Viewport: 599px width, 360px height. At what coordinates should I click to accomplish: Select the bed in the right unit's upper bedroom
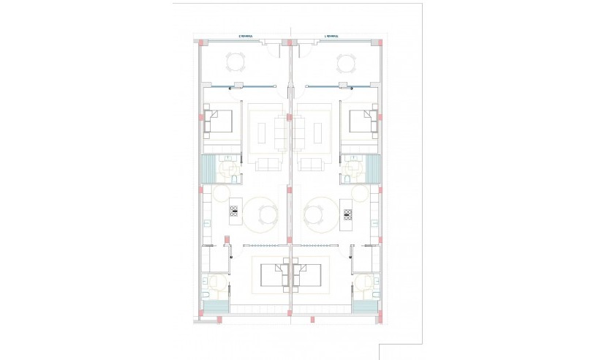[362, 121]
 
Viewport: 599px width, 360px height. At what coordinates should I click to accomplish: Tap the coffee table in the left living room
[263, 132]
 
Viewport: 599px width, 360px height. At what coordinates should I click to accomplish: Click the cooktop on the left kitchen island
[235, 211]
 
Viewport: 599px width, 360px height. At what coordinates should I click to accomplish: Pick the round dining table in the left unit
[264, 214]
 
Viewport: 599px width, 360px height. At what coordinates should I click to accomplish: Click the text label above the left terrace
[246, 35]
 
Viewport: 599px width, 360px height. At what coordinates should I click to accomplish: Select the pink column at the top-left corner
[203, 42]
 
